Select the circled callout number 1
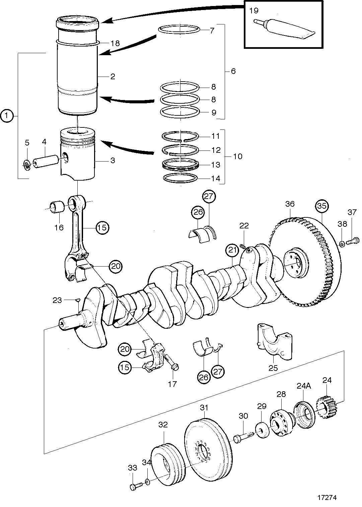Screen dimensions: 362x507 point(7,116)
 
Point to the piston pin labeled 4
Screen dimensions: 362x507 point(46,161)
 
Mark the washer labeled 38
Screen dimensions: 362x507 point(342,244)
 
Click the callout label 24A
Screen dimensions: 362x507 point(304,386)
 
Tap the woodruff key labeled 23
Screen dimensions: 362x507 point(77,300)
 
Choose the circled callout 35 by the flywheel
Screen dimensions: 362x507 point(322,206)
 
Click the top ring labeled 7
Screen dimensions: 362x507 point(179,29)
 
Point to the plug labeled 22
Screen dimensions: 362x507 point(243,245)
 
